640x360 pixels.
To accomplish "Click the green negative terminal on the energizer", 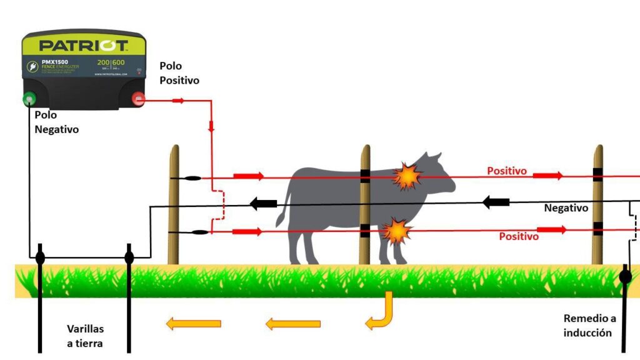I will tap(29, 99).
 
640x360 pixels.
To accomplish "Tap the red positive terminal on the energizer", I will tap(138, 99).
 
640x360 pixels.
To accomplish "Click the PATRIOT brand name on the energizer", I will tap(84, 46).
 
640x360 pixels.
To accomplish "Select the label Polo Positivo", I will tap(179, 73).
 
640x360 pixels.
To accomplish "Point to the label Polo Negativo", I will tap(56, 122).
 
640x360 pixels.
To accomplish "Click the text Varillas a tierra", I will tap(86, 336).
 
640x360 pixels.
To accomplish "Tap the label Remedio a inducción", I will tap(587, 326).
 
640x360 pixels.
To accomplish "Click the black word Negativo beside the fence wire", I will tap(566, 208).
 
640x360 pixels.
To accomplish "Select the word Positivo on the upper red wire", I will tap(507, 170).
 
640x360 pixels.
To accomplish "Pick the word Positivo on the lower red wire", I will tap(518, 236).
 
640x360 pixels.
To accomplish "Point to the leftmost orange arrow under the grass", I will tap(193, 323).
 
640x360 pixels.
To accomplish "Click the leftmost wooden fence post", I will tap(174, 206).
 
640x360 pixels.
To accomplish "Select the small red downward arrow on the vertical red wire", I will tap(211, 126).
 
